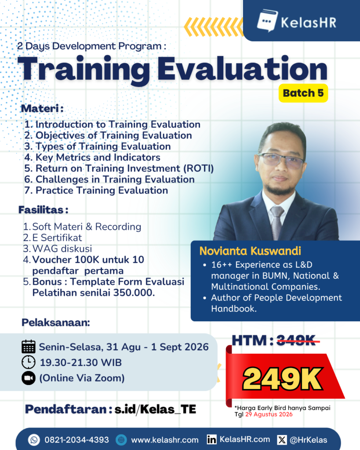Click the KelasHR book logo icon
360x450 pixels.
(x=267, y=21)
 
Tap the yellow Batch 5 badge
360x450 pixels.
(x=303, y=93)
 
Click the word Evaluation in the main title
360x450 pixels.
(x=242, y=69)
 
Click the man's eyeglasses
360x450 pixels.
(x=281, y=160)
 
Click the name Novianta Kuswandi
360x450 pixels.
(x=250, y=251)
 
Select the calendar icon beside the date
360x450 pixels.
(x=29, y=346)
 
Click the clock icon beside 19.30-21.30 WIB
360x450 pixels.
(x=29, y=362)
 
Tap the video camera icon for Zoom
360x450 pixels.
(x=29, y=378)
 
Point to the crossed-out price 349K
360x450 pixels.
(x=298, y=341)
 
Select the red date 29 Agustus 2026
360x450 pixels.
(x=269, y=414)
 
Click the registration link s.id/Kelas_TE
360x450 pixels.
(x=155, y=409)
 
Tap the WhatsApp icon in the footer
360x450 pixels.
(x=34, y=439)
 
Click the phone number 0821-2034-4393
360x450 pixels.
(x=76, y=440)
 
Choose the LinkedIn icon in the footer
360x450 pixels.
(x=211, y=439)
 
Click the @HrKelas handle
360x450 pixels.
(x=308, y=440)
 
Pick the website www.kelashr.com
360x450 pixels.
(x=165, y=440)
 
